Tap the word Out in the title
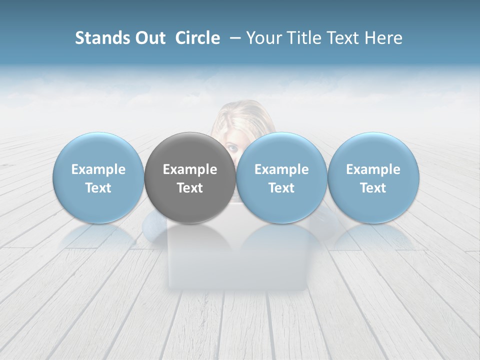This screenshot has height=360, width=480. [148, 38]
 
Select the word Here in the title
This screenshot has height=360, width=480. [384, 38]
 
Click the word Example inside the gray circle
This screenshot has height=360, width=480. [190, 169]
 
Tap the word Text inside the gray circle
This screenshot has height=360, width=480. [190, 188]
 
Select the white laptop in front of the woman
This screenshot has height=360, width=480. [237, 260]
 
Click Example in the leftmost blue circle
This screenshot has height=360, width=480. [98, 169]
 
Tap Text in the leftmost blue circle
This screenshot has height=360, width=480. [98, 188]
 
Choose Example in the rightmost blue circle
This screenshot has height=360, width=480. [373, 169]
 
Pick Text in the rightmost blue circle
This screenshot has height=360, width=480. [373, 188]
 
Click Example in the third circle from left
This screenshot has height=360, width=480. [281, 169]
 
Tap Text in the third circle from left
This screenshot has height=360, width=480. [281, 188]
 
